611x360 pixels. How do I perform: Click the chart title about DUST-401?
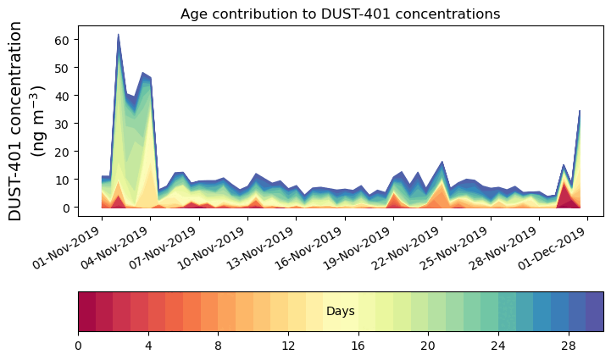[340, 14]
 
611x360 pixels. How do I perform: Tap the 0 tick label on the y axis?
[67, 208]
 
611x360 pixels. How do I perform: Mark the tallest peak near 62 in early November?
[118, 36]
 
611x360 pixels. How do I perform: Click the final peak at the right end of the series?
[580, 111]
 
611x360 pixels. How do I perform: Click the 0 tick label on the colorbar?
[78, 346]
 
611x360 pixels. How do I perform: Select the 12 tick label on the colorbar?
[288, 346]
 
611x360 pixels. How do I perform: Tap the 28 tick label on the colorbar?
[568, 346]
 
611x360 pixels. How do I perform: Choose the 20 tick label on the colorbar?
[428, 346]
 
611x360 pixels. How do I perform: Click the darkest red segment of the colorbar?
[86, 311]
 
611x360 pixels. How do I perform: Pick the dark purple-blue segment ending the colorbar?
[594, 311]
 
